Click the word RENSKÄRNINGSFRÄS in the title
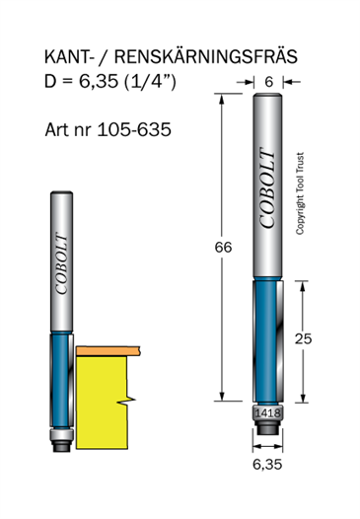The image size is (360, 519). tap(206, 56)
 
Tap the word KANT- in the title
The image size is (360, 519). tap(67, 57)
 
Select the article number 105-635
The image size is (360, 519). tap(134, 129)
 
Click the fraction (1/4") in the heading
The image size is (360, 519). tap(150, 81)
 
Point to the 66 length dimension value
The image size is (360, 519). tap(223, 248)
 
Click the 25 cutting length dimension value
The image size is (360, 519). tap(304, 338)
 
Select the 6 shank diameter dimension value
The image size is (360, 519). tap(269, 82)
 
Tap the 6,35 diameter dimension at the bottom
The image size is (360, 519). tap(267, 464)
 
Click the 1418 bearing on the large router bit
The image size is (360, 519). tap(267, 413)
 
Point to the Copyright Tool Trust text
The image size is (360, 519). tap(300, 193)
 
